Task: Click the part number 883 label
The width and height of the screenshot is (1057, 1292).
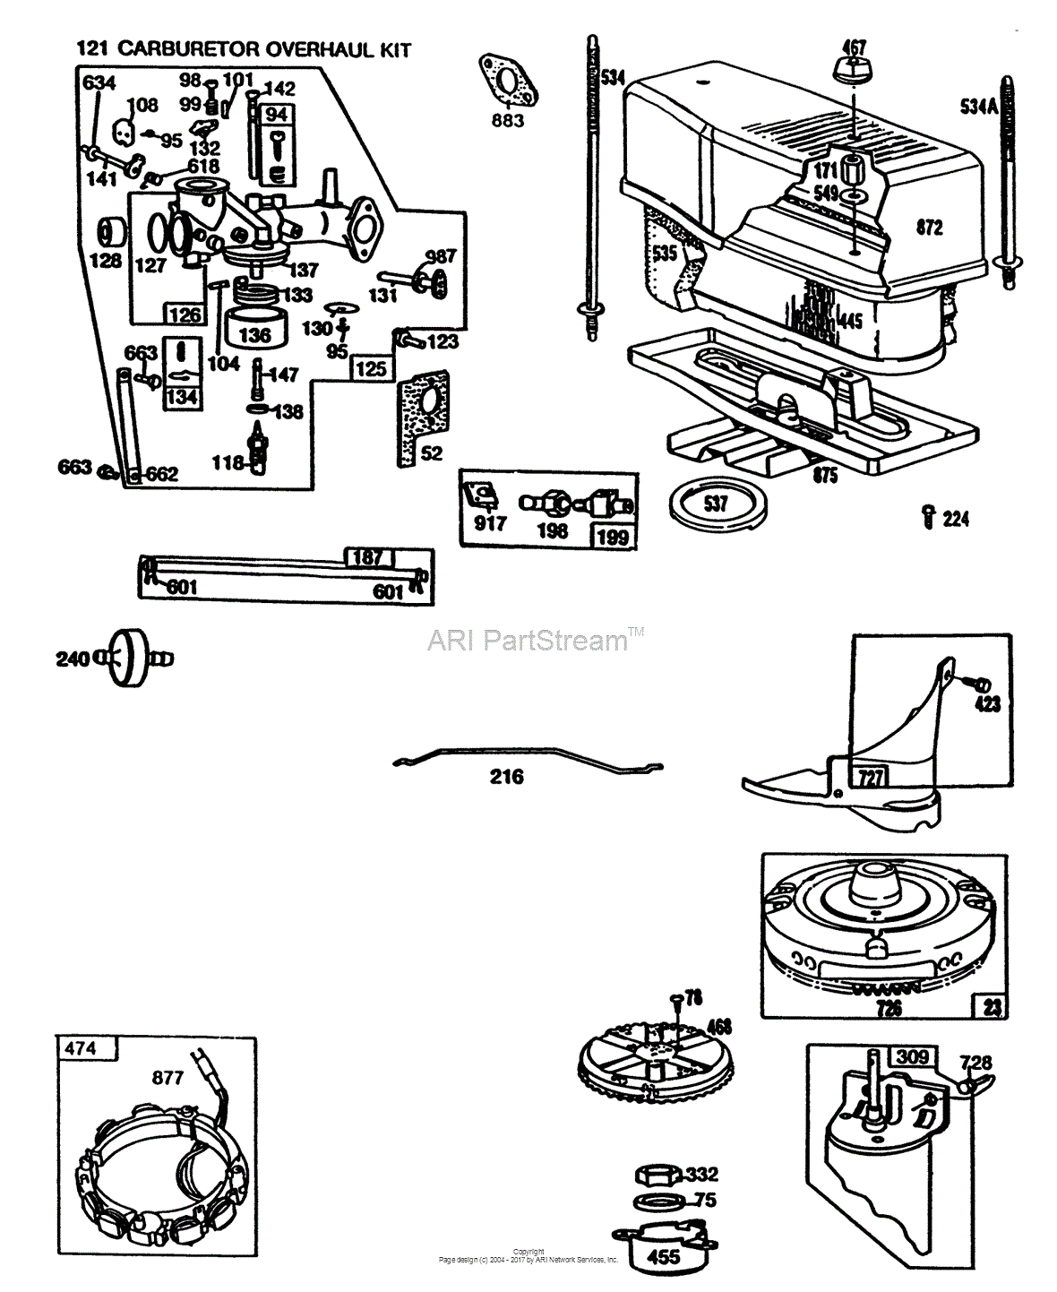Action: [x=508, y=121]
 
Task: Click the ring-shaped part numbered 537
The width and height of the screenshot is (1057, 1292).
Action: [x=717, y=504]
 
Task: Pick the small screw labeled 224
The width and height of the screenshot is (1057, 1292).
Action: [x=929, y=516]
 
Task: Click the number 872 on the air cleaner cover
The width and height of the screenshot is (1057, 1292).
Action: [x=929, y=228]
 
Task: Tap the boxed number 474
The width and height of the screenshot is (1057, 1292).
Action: [x=81, y=1047]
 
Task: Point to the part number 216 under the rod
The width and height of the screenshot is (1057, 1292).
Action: [x=506, y=777]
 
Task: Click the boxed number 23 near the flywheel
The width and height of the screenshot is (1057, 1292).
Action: [x=992, y=1006]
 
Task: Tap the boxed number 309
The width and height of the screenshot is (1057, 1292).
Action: [x=912, y=1057]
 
